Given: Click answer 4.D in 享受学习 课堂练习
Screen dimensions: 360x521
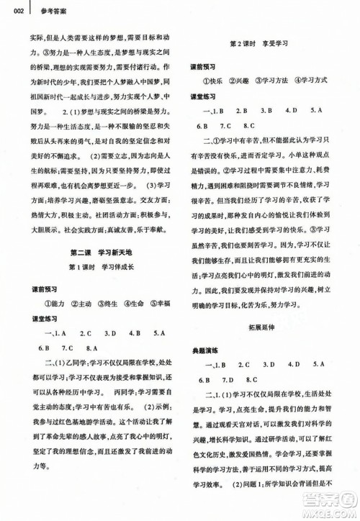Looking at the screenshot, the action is pos(292,109).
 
